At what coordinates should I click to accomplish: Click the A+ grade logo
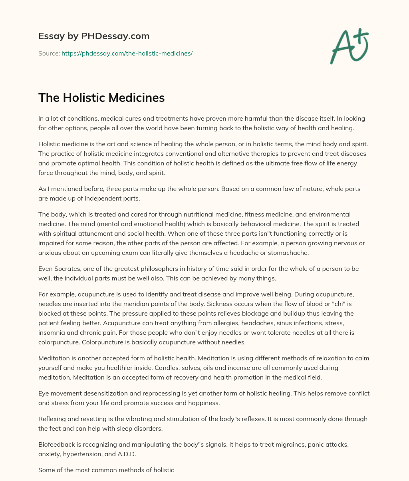pyautogui.click(x=349, y=46)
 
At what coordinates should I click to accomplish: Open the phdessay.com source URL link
pyautogui.click(x=127, y=53)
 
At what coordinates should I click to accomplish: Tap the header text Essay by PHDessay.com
pyautogui.click(x=94, y=36)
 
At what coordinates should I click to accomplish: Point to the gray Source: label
pyautogui.click(x=49, y=53)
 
